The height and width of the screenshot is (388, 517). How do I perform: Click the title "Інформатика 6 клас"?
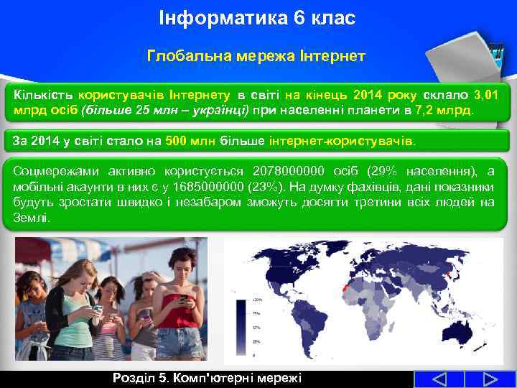(257, 18)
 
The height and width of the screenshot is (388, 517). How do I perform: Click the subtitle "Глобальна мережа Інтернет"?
(256, 55)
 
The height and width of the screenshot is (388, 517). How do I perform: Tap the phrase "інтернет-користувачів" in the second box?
(342, 142)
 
